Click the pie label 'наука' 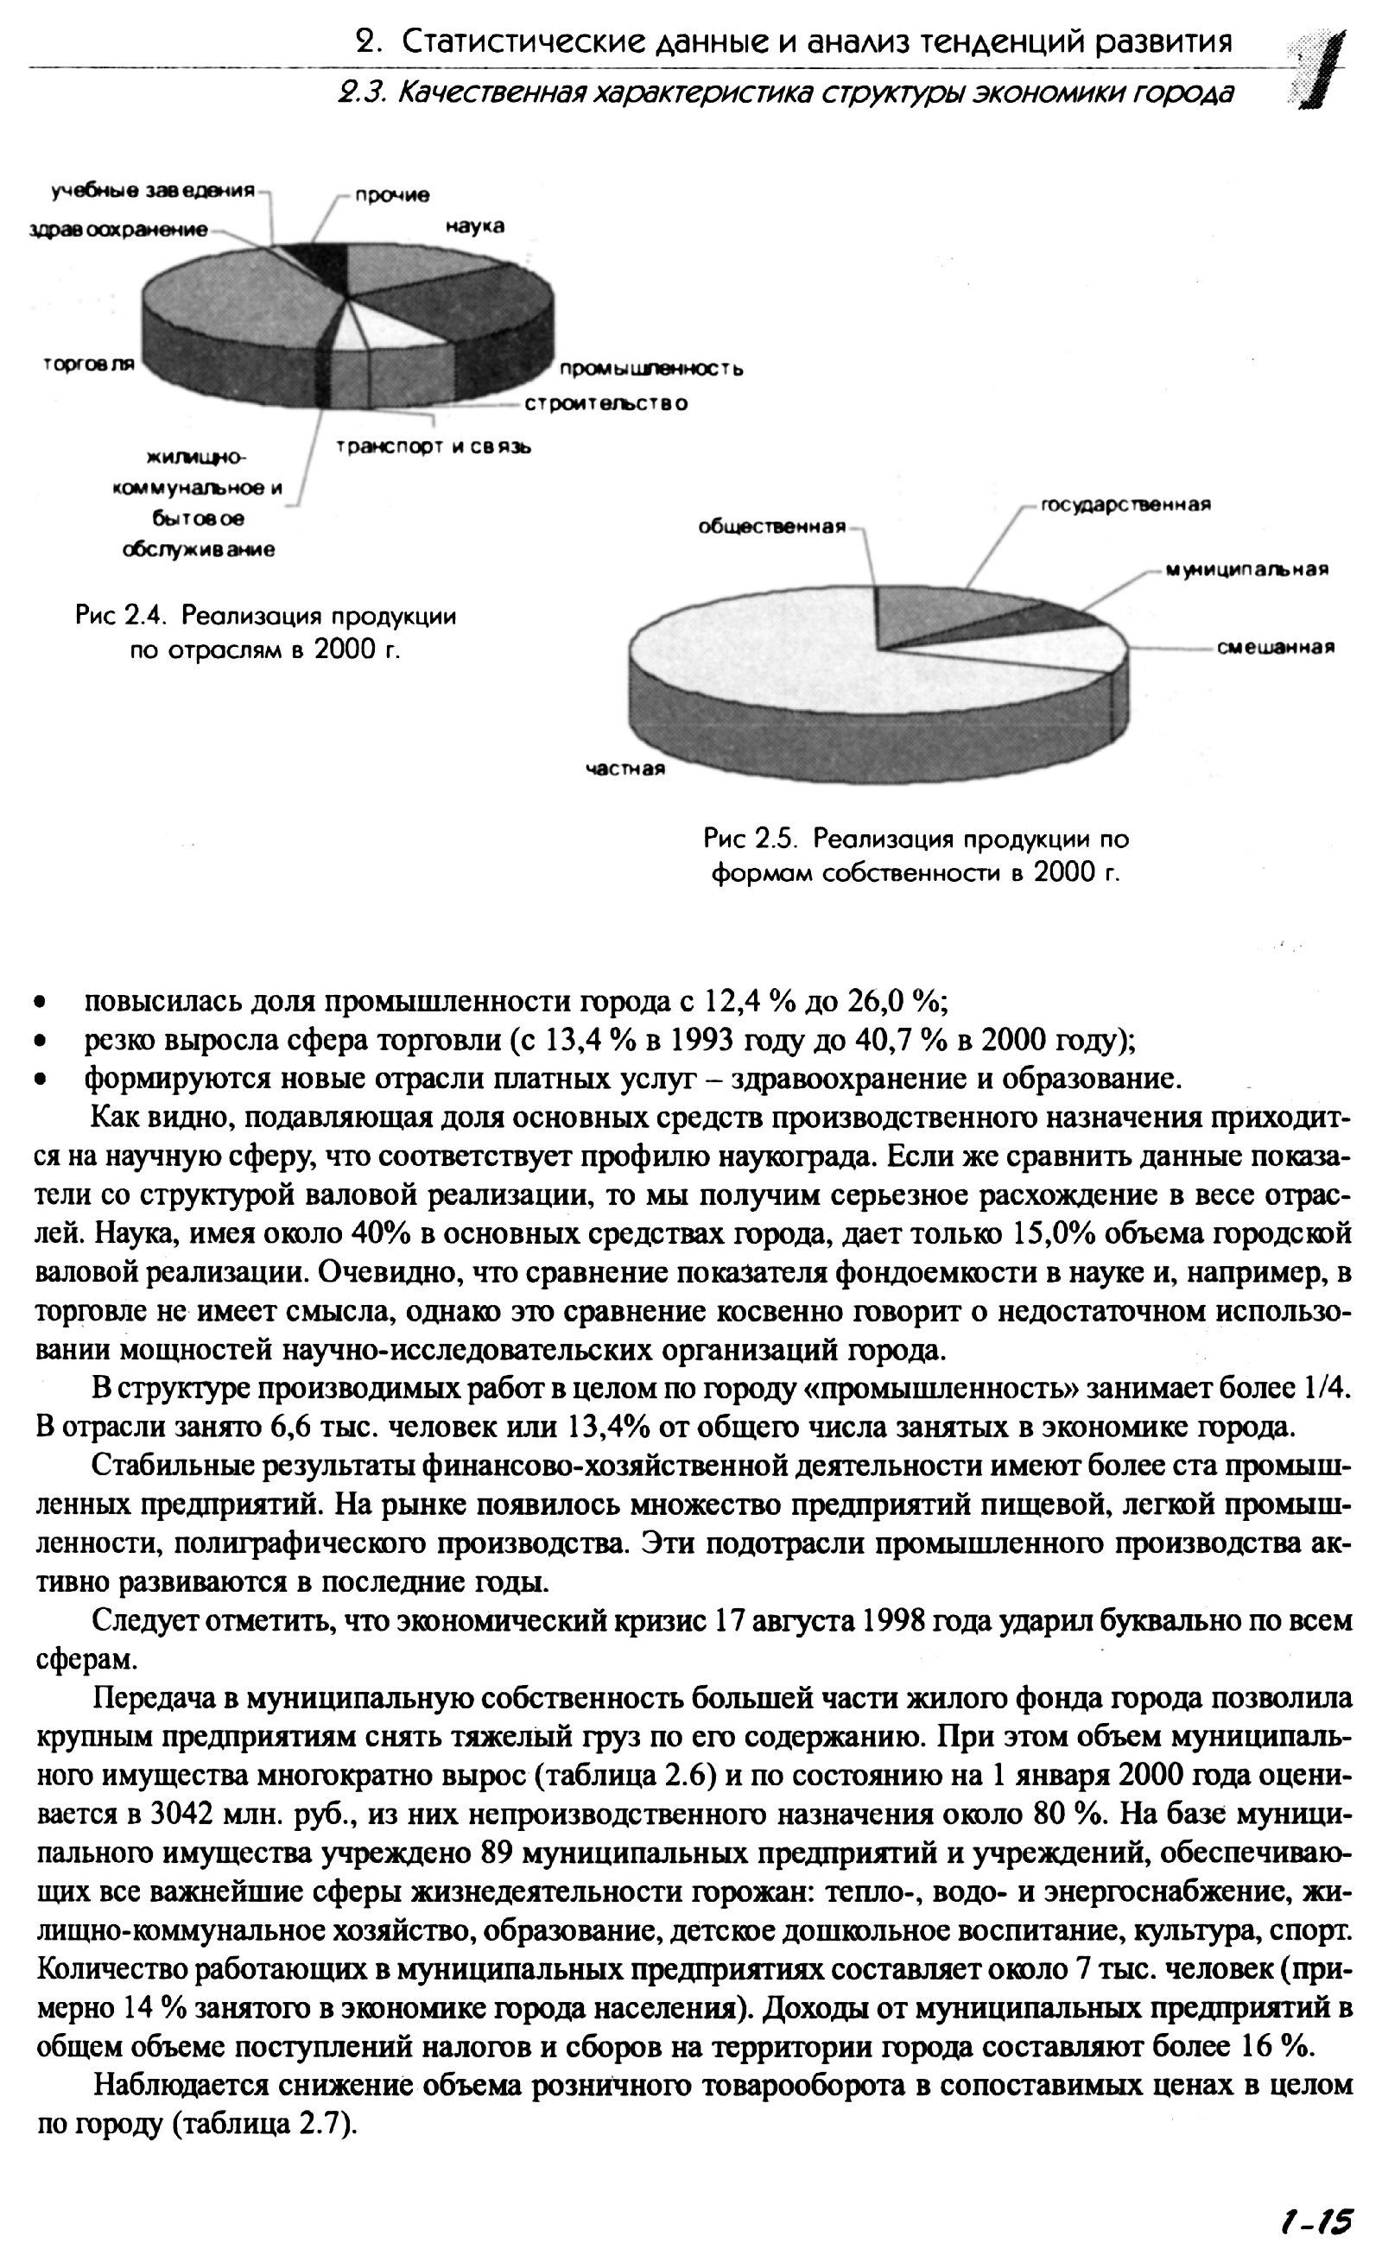(x=475, y=225)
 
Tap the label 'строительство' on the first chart (x=606, y=403)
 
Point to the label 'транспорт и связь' (x=434, y=447)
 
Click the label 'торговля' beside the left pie (x=89, y=364)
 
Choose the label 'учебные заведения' (x=152, y=191)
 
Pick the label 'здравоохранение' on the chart (x=118, y=230)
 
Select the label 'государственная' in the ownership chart (x=1126, y=505)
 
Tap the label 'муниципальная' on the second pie (x=1246, y=570)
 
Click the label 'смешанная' (x=1275, y=648)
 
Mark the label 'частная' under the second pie (x=625, y=770)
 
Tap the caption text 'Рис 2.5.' (x=751, y=839)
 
